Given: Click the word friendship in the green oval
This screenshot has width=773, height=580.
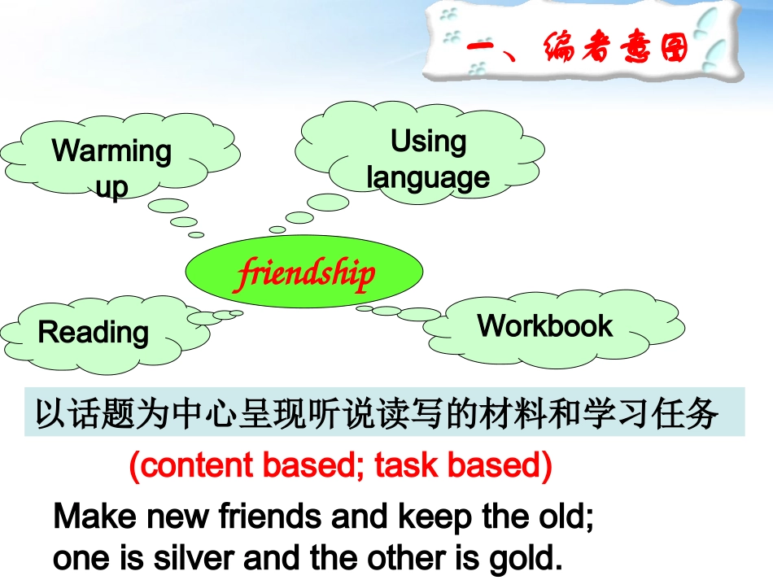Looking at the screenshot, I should [304, 274].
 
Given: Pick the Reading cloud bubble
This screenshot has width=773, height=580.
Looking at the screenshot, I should [94, 333].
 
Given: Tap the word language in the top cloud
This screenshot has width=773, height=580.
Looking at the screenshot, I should [428, 177].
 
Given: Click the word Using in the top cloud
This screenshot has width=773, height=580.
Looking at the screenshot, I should [428, 142].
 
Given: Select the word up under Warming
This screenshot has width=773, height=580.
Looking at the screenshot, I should [111, 187].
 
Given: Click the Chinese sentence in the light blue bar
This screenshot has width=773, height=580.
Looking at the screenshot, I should [377, 414].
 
